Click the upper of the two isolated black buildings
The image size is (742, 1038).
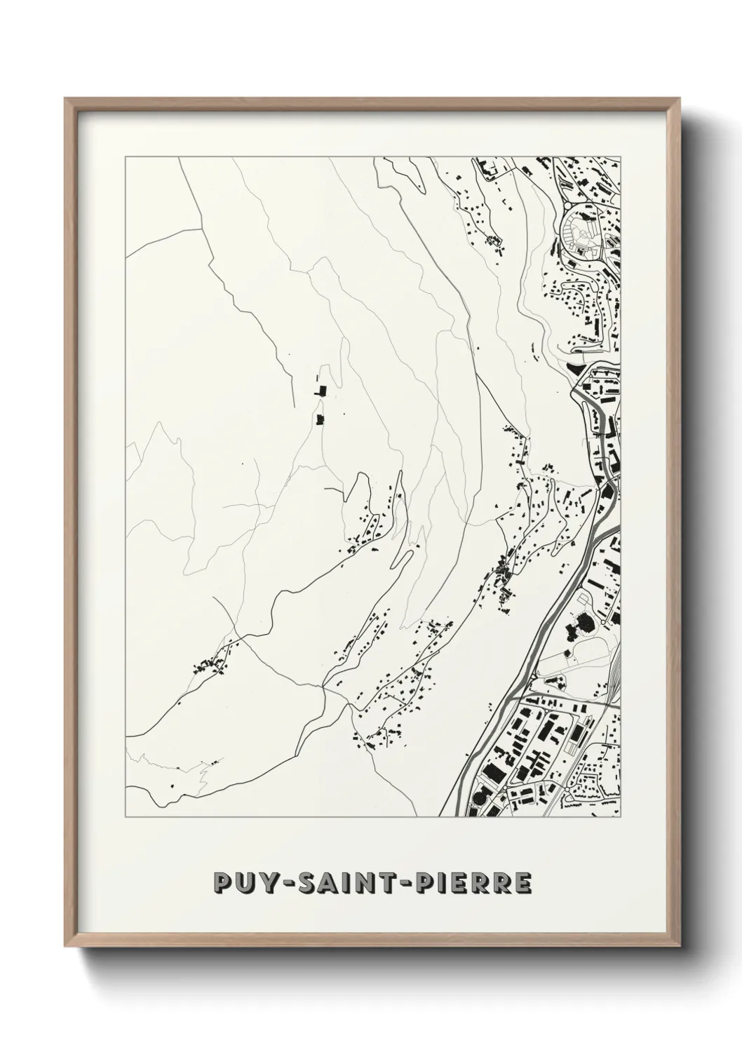(322, 391)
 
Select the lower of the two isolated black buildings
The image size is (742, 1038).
(322, 419)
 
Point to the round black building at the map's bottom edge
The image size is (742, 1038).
(480, 798)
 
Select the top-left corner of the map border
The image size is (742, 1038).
(126, 158)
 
